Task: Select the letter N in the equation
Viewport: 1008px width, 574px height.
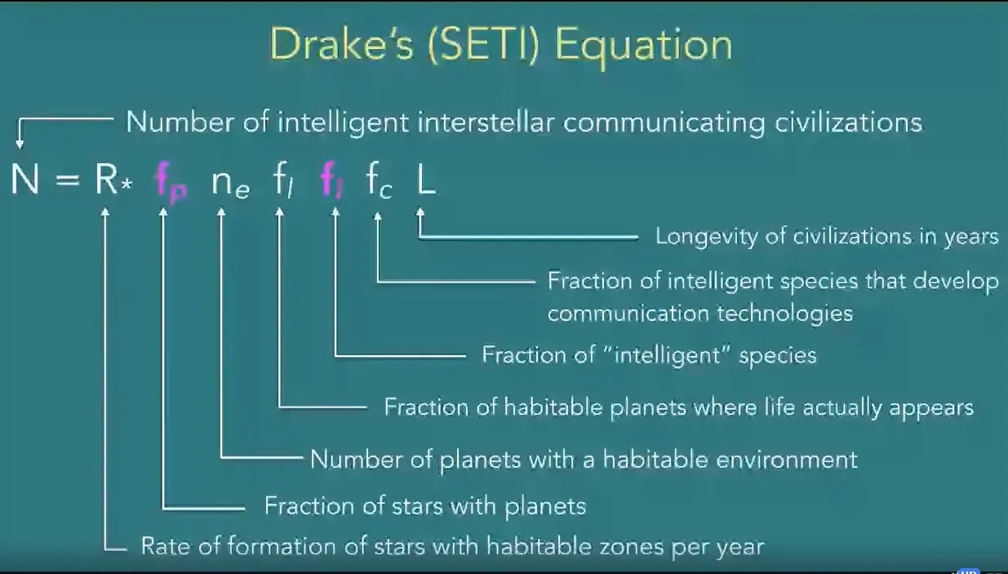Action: click(x=24, y=179)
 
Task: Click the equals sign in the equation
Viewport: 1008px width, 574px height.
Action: click(x=68, y=180)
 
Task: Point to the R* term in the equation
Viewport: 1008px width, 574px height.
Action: click(x=113, y=179)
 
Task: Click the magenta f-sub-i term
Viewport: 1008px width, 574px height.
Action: click(x=332, y=180)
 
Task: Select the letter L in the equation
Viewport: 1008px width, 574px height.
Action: click(x=426, y=179)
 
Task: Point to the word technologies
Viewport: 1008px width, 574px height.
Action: click(x=785, y=314)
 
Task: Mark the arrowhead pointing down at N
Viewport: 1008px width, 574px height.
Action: click(x=20, y=144)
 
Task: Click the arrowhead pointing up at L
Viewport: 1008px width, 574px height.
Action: click(x=420, y=212)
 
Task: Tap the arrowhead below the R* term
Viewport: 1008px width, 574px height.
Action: click(x=104, y=212)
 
